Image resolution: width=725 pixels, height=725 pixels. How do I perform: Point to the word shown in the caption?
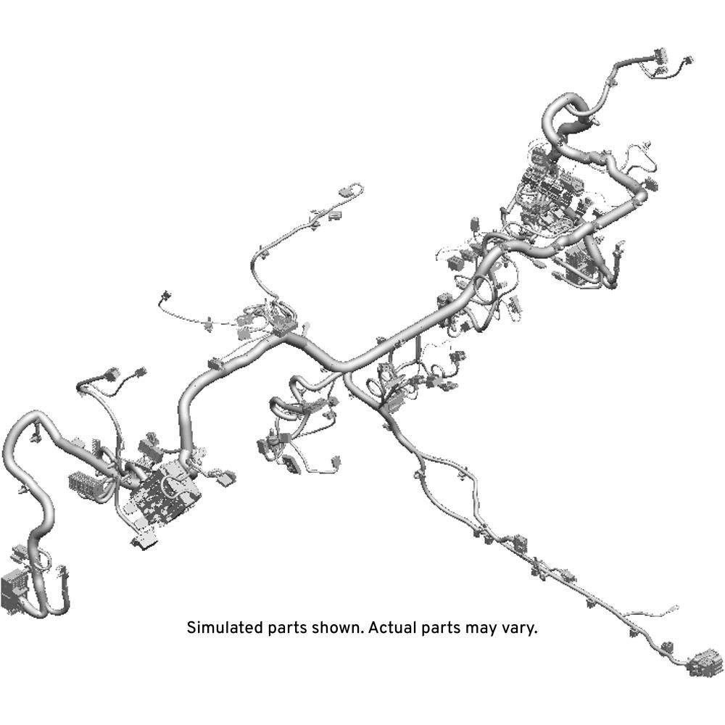(x=337, y=628)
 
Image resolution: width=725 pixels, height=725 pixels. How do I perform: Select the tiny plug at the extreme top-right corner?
(x=687, y=60)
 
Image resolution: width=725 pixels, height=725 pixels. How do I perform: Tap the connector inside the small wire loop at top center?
(x=345, y=191)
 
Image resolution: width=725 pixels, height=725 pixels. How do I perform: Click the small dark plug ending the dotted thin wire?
(x=164, y=296)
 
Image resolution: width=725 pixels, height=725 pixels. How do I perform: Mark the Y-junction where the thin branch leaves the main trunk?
(x=346, y=366)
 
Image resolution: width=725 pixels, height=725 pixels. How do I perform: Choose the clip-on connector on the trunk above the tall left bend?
(x=216, y=364)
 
